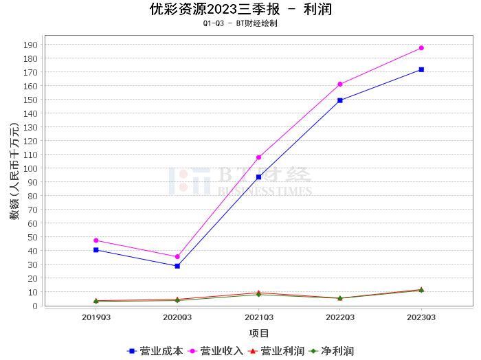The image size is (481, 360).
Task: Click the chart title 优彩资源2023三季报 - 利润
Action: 240,9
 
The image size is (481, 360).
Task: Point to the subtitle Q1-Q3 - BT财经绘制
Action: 240,23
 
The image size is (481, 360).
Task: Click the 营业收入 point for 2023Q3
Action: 421,48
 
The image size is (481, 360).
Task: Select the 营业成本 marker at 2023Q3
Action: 421,69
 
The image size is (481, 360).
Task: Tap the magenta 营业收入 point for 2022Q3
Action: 340,84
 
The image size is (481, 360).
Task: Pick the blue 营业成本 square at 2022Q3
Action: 340,100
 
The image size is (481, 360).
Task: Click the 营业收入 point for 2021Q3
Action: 258,157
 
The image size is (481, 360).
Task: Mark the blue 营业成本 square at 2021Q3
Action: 258,177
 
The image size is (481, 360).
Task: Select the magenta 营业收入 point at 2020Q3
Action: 177,257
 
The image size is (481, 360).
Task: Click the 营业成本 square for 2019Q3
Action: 96,250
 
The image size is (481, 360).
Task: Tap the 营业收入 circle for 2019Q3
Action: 96,240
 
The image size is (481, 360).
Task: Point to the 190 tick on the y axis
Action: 31,45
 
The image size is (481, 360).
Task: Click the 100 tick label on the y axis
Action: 31,168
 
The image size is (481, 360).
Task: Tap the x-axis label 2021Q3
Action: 258,317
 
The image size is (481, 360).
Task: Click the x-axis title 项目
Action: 259,333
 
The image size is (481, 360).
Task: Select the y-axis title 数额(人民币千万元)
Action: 14,171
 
